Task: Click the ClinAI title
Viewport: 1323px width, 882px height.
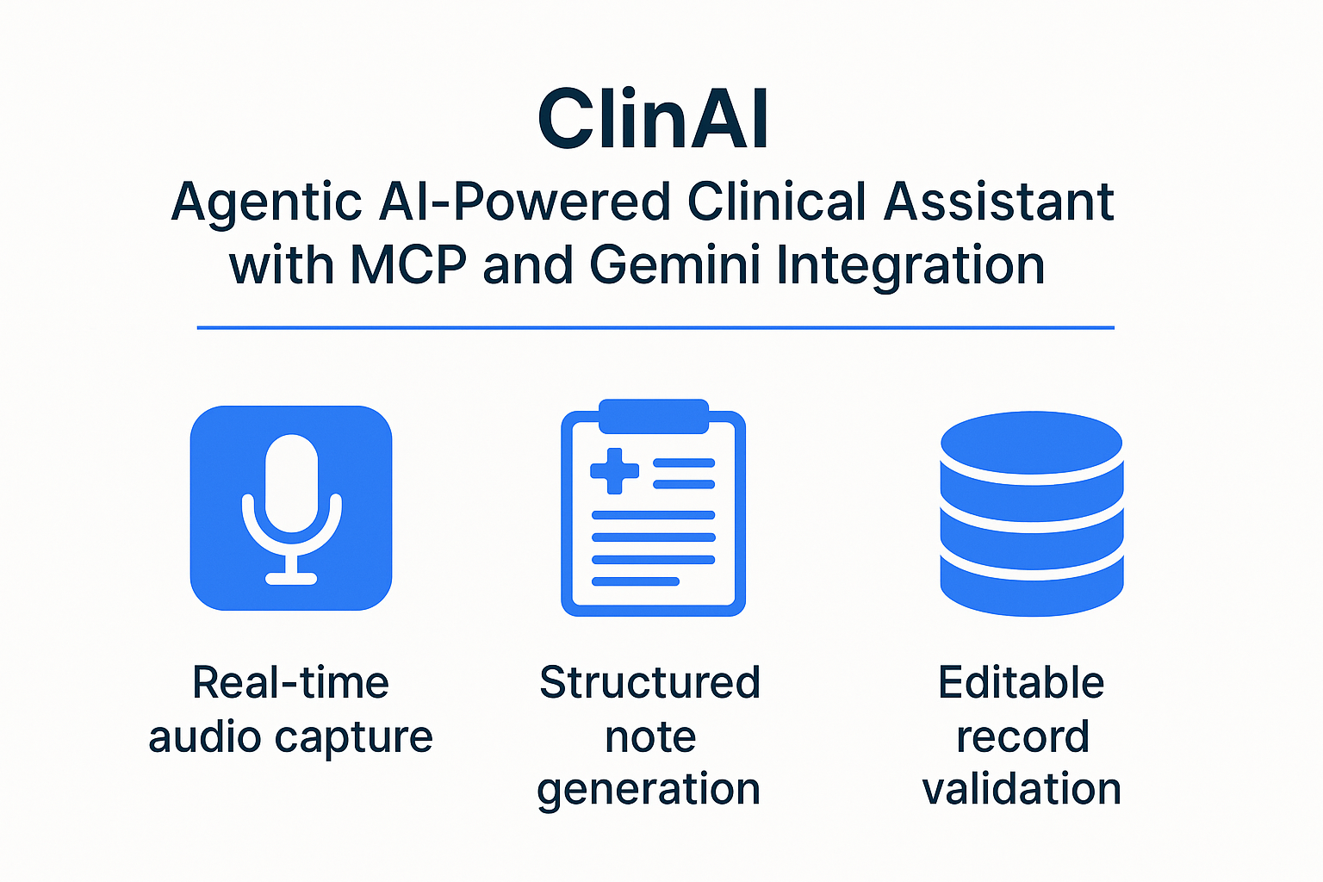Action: point(653,120)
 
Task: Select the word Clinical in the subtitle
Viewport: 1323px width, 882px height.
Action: point(777,202)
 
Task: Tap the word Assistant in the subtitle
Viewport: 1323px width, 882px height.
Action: point(999,202)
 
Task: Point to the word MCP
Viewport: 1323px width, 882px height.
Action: point(408,264)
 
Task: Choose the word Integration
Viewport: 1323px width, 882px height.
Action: point(910,266)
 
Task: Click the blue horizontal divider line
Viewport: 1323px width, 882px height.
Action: point(655,327)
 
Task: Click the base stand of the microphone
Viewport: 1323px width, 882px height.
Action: point(291,578)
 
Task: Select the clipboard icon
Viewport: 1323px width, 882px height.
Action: point(653,508)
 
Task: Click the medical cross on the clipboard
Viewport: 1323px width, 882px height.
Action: point(614,470)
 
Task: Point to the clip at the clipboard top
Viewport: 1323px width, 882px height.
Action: point(653,416)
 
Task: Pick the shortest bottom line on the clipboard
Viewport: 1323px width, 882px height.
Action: point(636,581)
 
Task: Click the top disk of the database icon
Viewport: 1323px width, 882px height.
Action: point(1031,443)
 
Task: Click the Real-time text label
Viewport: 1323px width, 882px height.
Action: point(290,683)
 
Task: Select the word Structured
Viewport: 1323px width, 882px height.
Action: point(650,683)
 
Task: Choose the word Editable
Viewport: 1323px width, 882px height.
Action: point(1021,683)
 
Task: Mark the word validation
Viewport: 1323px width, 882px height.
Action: point(1022,789)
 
